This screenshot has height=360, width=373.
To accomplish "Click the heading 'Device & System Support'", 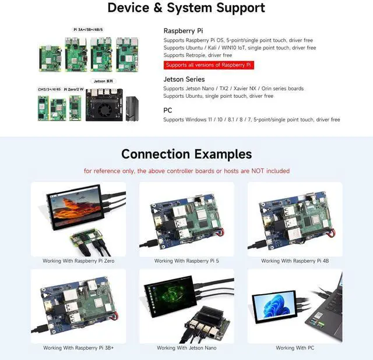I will point(186,8).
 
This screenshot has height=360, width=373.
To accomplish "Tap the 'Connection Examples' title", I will point(186,154).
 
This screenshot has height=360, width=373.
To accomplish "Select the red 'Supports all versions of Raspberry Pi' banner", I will point(208,65).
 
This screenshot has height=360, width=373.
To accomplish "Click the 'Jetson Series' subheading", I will point(184,79).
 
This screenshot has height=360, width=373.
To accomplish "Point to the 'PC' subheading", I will point(168,110).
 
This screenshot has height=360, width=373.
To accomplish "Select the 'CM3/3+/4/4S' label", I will point(50,89).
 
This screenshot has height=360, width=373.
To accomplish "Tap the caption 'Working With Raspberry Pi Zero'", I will point(78,261).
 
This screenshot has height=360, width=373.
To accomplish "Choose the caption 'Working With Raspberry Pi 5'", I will point(186,261).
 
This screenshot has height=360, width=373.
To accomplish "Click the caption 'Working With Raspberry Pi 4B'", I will point(295,261).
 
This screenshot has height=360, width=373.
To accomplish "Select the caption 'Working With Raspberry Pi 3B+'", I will point(78,348).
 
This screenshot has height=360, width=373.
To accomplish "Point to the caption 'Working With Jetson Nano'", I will point(186,348).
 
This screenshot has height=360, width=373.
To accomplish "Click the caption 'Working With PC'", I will point(295,348).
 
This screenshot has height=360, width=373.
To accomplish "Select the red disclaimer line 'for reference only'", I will point(186,171).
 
